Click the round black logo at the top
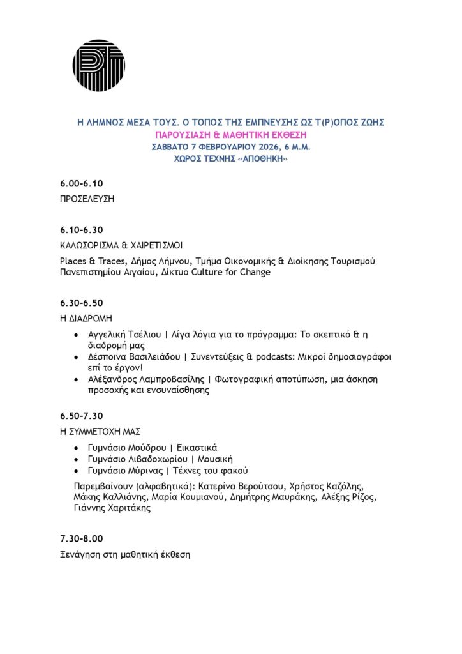tap(98, 65)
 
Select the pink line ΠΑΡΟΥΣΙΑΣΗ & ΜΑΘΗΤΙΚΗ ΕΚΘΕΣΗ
tap(230, 135)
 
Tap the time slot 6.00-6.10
tap(81, 183)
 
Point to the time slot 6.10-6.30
tap(81, 229)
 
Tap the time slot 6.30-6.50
tap(81, 302)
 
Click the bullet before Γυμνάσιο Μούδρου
tap(77, 448)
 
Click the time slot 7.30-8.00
tap(81, 538)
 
